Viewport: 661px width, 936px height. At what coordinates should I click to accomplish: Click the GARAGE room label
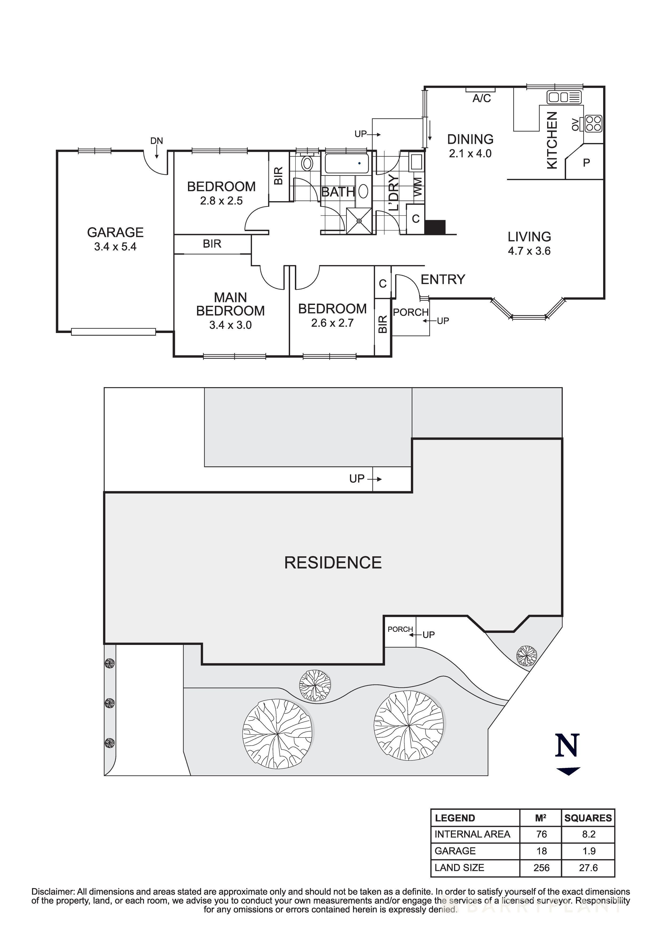(x=115, y=232)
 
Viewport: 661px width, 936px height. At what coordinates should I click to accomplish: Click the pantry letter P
(x=586, y=163)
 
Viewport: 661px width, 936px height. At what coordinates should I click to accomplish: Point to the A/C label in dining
(x=481, y=98)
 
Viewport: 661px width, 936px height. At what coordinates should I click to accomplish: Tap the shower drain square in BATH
(x=359, y=221)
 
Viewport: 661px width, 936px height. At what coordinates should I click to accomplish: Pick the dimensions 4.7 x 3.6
(x=529, y=251)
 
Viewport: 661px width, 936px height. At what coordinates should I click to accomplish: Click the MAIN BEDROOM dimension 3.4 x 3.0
(x=231, y=325)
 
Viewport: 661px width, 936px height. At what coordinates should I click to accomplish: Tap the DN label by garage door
(x=157, y=141)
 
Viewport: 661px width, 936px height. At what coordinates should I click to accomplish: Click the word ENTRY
(x=443, y=280)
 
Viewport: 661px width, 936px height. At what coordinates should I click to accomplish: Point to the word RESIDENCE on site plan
(x=333, y=563)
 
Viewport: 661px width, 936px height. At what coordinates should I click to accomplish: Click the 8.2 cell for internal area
(x=588, y=834)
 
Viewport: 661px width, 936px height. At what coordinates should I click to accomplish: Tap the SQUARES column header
(x=588, y=818)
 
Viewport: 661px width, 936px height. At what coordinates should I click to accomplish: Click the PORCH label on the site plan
(x=400, y=629)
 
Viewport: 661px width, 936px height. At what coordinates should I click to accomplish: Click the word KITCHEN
(x=551, y=140)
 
